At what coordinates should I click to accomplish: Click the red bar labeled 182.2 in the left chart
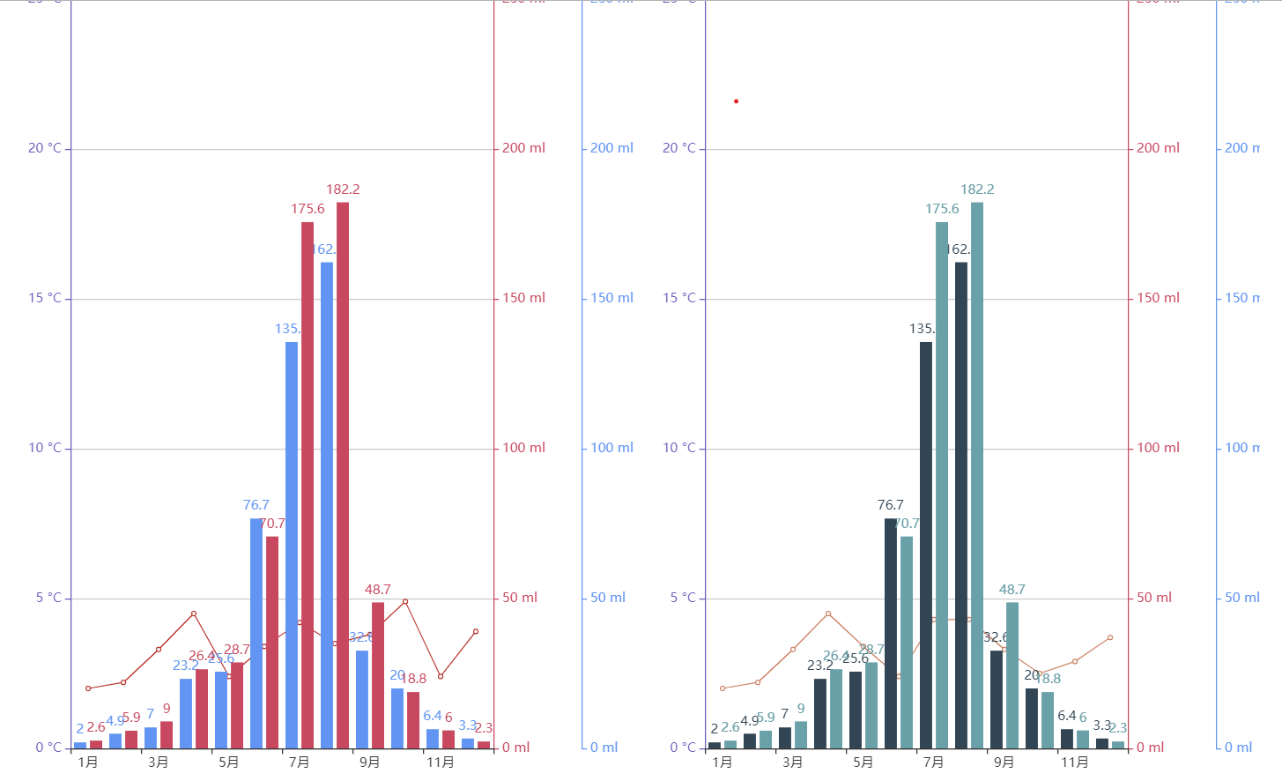pos(343,475)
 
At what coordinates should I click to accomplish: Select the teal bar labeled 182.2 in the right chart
pos(977,475)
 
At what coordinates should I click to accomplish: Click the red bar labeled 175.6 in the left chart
pos(308,485)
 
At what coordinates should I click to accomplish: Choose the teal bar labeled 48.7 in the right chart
pos(1012,675)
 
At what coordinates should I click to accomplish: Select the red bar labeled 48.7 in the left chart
pos(378,675)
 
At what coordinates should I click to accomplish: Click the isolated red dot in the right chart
pos(737,101)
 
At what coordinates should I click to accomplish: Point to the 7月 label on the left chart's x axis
pos(299,762)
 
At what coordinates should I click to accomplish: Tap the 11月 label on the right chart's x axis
pos(1074,762)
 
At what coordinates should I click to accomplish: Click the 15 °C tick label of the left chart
pos(45,299)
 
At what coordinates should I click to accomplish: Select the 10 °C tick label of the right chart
pos(679,449)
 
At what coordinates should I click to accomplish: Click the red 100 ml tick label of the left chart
pos(523,449)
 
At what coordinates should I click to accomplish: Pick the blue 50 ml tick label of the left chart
pos(608,599)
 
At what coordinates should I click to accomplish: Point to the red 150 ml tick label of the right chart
pos(1158,299)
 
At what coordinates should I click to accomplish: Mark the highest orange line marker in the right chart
pos(828,614)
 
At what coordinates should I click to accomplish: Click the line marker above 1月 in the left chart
pos(88,688)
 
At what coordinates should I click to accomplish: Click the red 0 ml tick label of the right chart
pos(1150,748)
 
